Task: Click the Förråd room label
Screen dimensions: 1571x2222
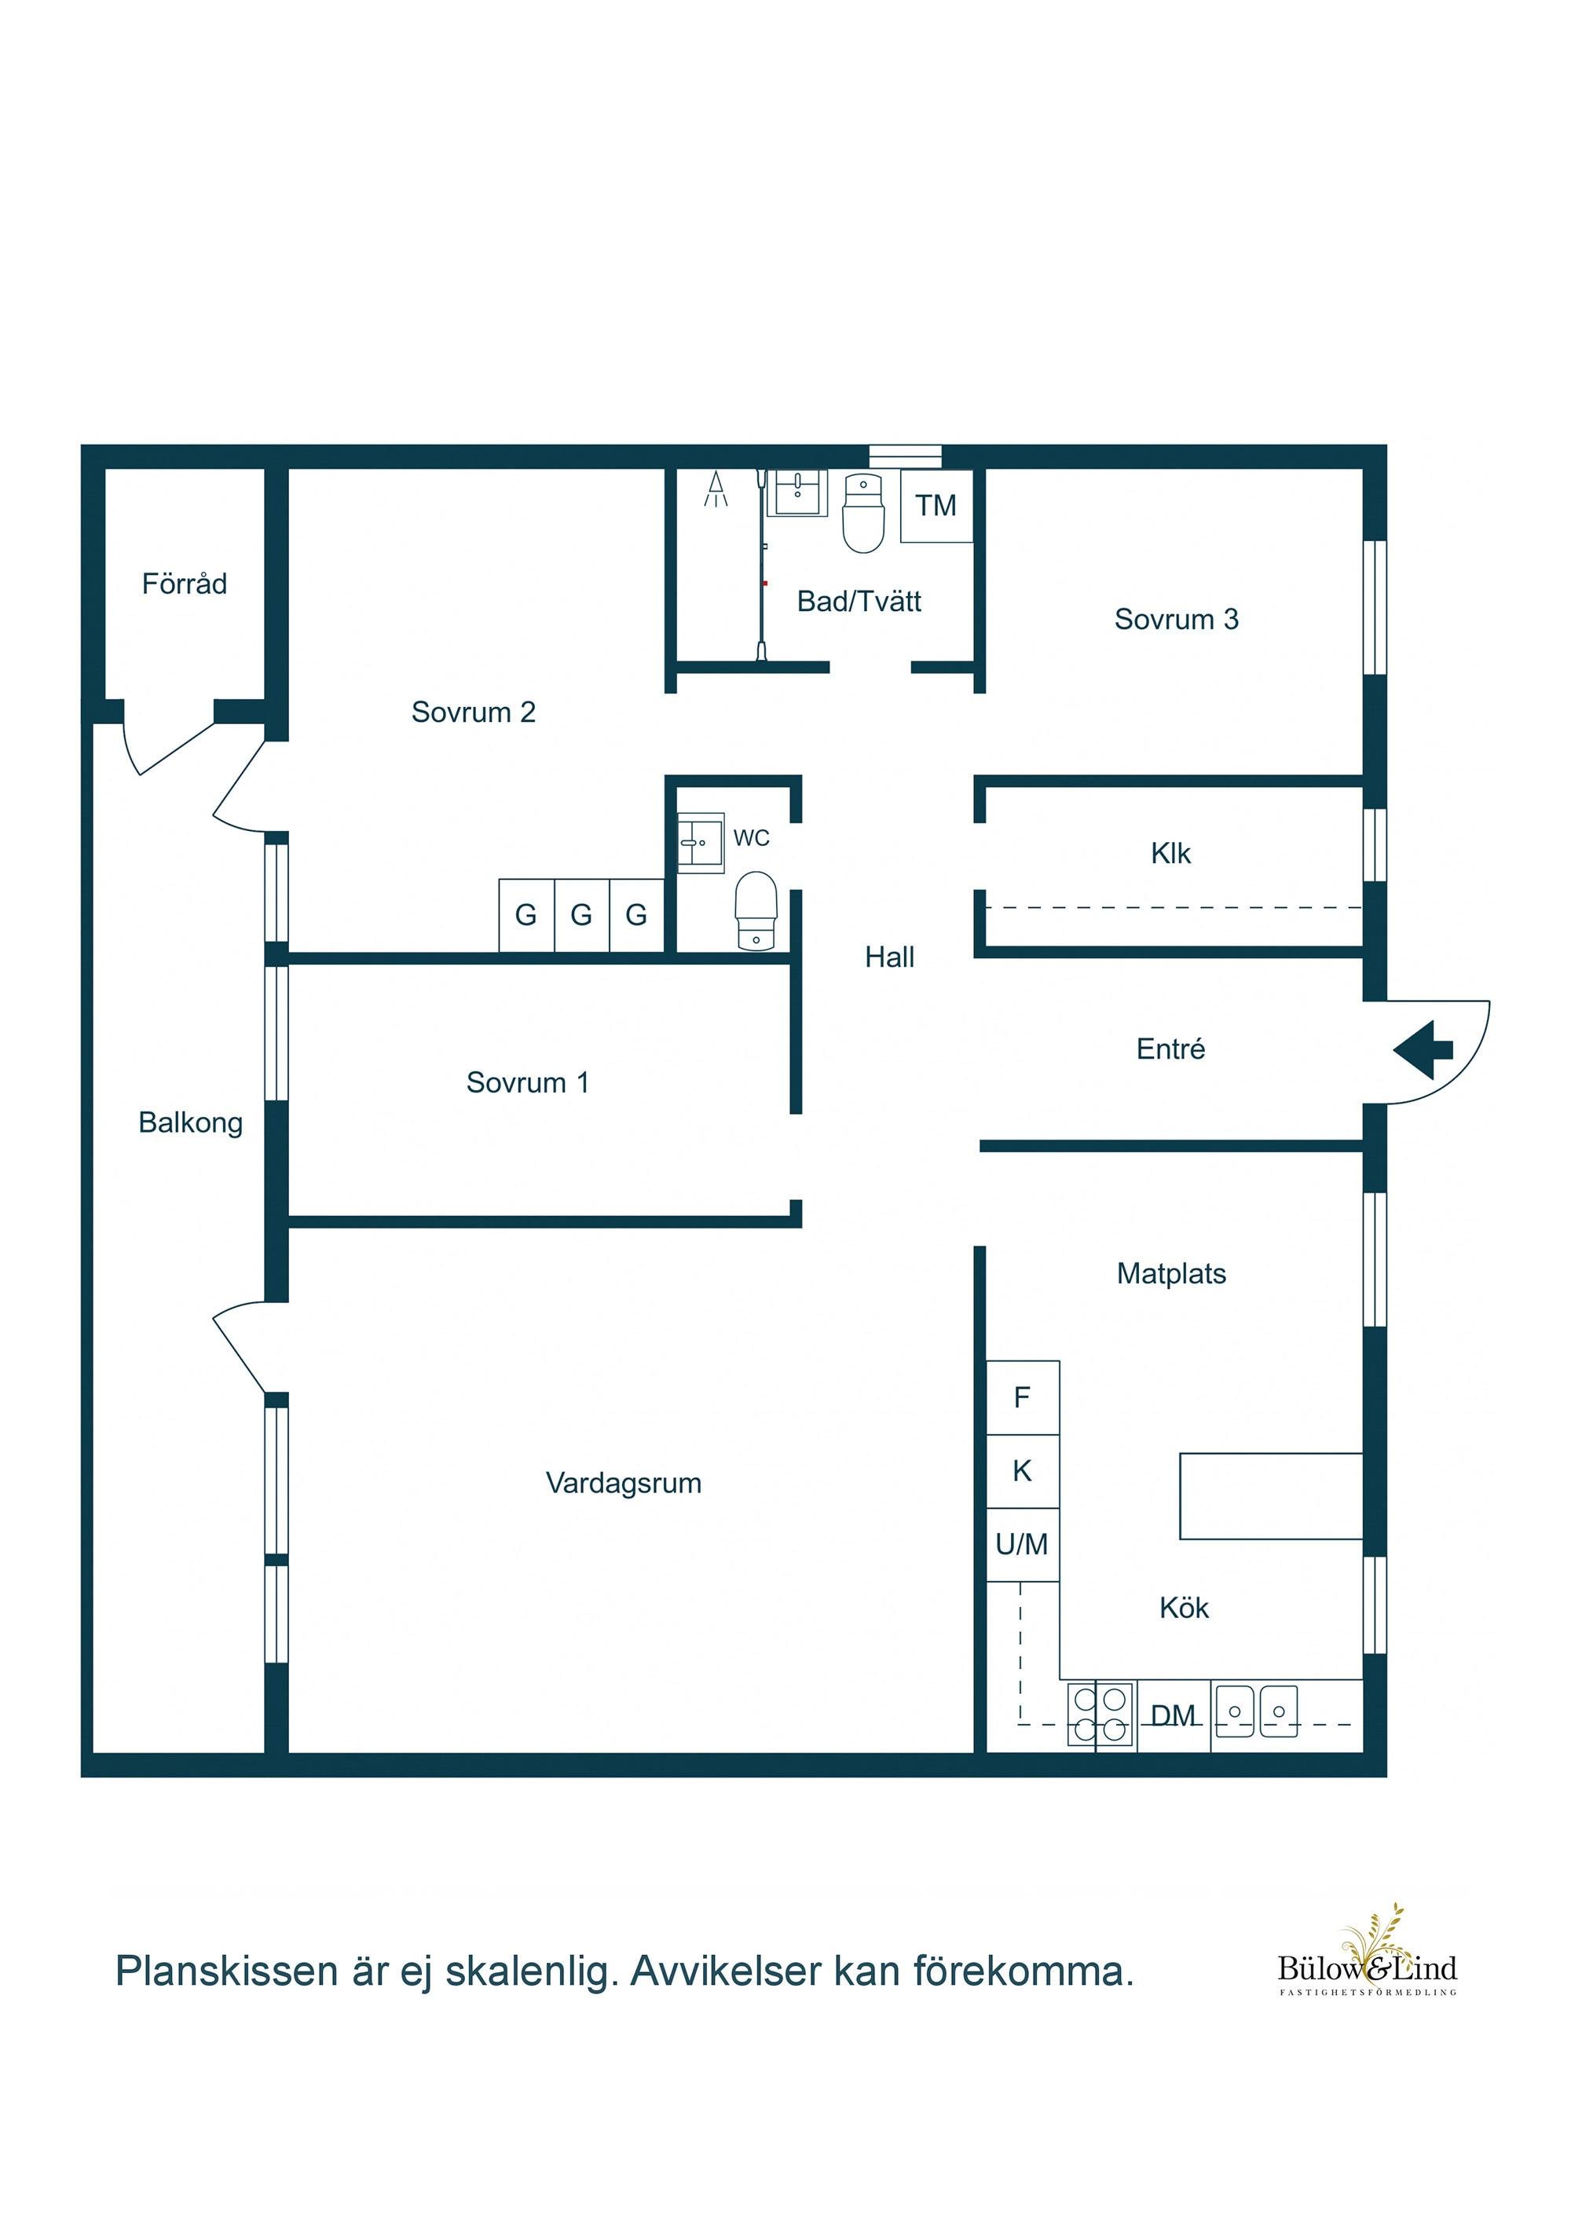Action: coord(184,584)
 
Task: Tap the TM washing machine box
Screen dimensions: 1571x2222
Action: coord(936,505)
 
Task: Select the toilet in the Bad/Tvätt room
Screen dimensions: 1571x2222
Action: coord(863,513)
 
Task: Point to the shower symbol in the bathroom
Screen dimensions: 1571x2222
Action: coord(716,489)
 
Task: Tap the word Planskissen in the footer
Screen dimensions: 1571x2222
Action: coord(226,1972)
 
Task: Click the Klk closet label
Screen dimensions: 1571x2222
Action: coord(1170,854)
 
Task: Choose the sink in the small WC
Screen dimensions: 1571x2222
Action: coord(700,843)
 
